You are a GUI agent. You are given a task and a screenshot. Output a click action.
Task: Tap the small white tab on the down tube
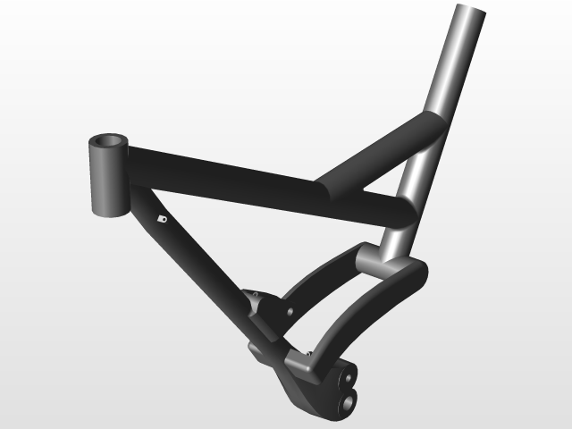point(161,217)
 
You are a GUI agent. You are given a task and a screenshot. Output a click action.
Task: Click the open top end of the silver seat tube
point(472,13)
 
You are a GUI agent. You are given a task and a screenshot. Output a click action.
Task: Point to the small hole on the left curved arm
point(291,311)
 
